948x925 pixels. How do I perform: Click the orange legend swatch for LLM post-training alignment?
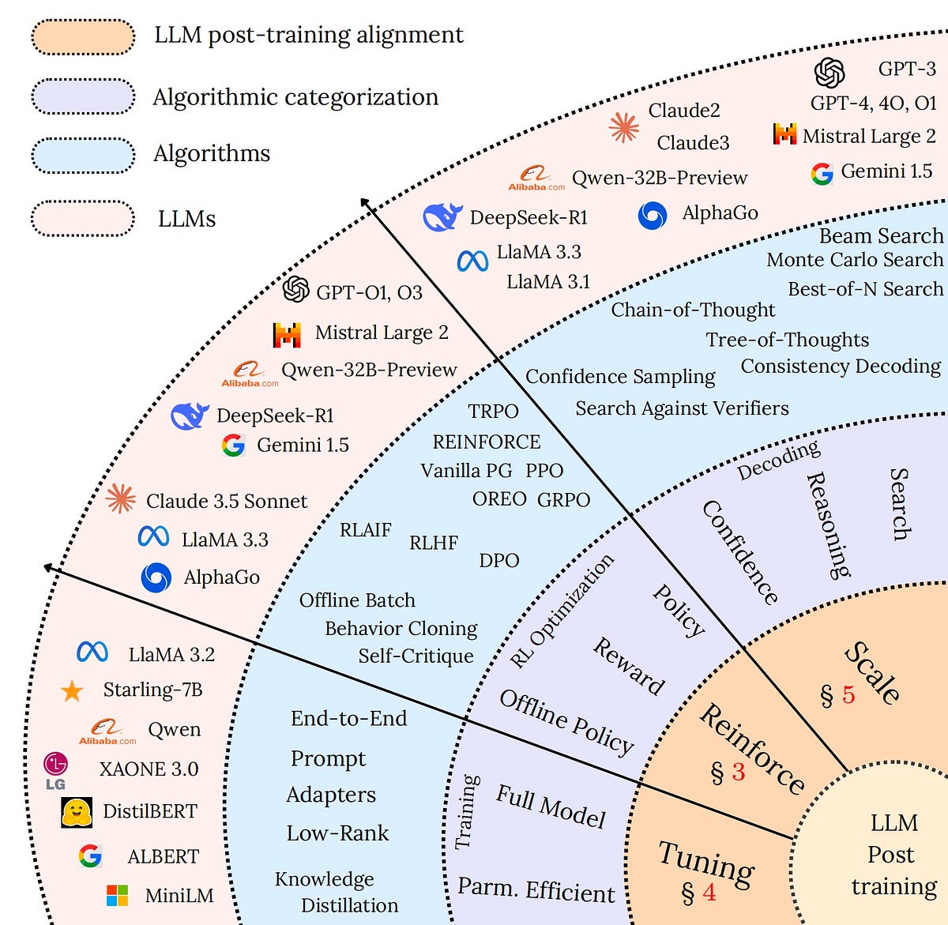pos(83,37)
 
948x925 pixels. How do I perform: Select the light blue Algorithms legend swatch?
pos(83,155)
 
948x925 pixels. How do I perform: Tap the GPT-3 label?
pos(906,70)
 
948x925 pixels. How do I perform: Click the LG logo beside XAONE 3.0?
pos(55,769)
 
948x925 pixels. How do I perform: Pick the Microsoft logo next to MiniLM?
pos(117,895)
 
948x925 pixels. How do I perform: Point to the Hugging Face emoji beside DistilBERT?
pos(77,811)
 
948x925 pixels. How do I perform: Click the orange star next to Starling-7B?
pos(72,691)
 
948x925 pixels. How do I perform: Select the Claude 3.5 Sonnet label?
pos(227,502)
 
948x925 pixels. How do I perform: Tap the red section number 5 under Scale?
pos(848,695)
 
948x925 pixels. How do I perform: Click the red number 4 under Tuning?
pos(709,893)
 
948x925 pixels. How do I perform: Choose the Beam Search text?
pos(881,236)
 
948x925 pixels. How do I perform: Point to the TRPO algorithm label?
pos(493,412)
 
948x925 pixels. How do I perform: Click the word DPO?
pos(499,561)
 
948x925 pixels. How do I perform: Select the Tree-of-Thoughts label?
pos(787,340)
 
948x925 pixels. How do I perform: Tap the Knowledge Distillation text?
pos(336,893)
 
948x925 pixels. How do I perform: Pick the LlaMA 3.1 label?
pos(548,282)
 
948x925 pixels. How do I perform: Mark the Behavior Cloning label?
pos(401,629)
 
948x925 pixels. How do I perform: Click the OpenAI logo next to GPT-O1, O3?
pos(295,289)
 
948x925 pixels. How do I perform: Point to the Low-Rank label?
pos(337,833)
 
